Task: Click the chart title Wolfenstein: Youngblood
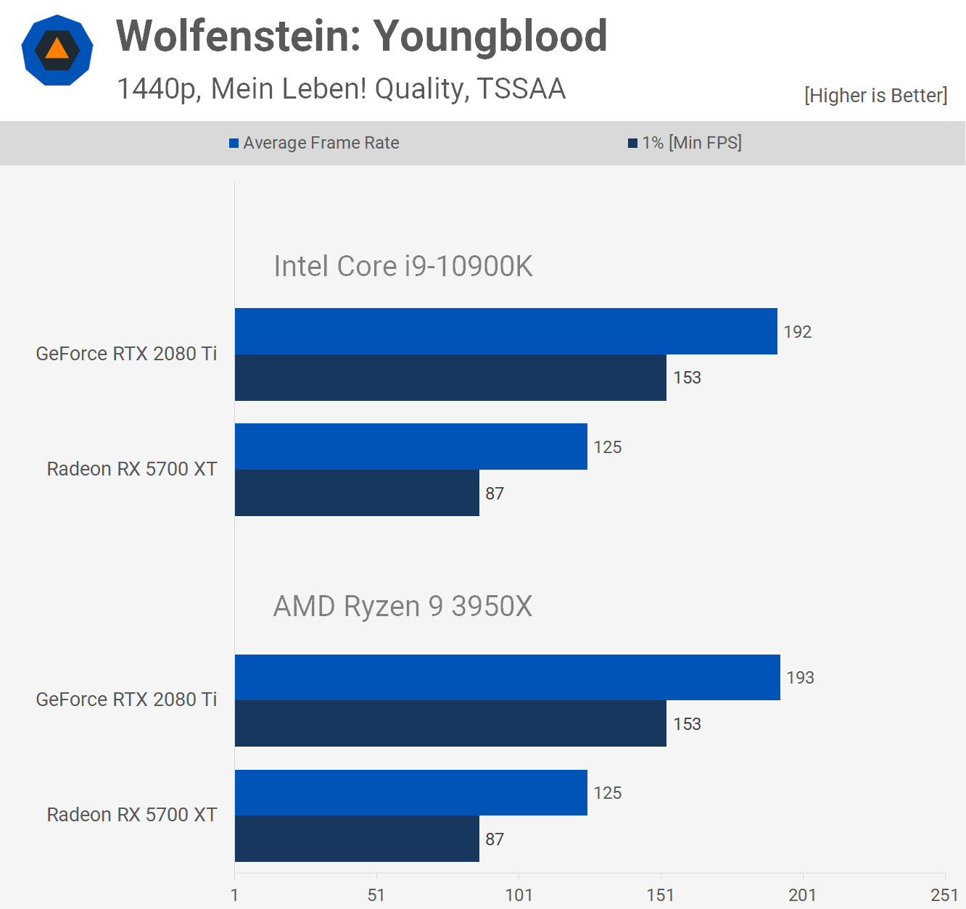point(361,36)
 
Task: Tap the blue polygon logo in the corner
point(57,50)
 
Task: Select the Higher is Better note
point(875,96)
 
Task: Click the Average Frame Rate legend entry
point(314,143)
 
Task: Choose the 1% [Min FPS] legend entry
point(685,143)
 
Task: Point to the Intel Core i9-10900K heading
point(402,266)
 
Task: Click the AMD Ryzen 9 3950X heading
point(402,606)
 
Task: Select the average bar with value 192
point(505,331)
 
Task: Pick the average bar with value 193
point(507,677)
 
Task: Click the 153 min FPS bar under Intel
point(450,378)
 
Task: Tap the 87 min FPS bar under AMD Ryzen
point(357,839)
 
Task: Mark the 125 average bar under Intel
point(410,447)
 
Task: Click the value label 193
point(800,678)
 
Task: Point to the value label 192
point(797,332)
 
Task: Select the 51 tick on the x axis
point(376,895)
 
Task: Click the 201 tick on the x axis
point(802,895)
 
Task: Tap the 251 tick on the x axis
point(944,895)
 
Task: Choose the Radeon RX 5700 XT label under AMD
point(132,815)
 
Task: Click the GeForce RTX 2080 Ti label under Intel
point(126,354)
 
